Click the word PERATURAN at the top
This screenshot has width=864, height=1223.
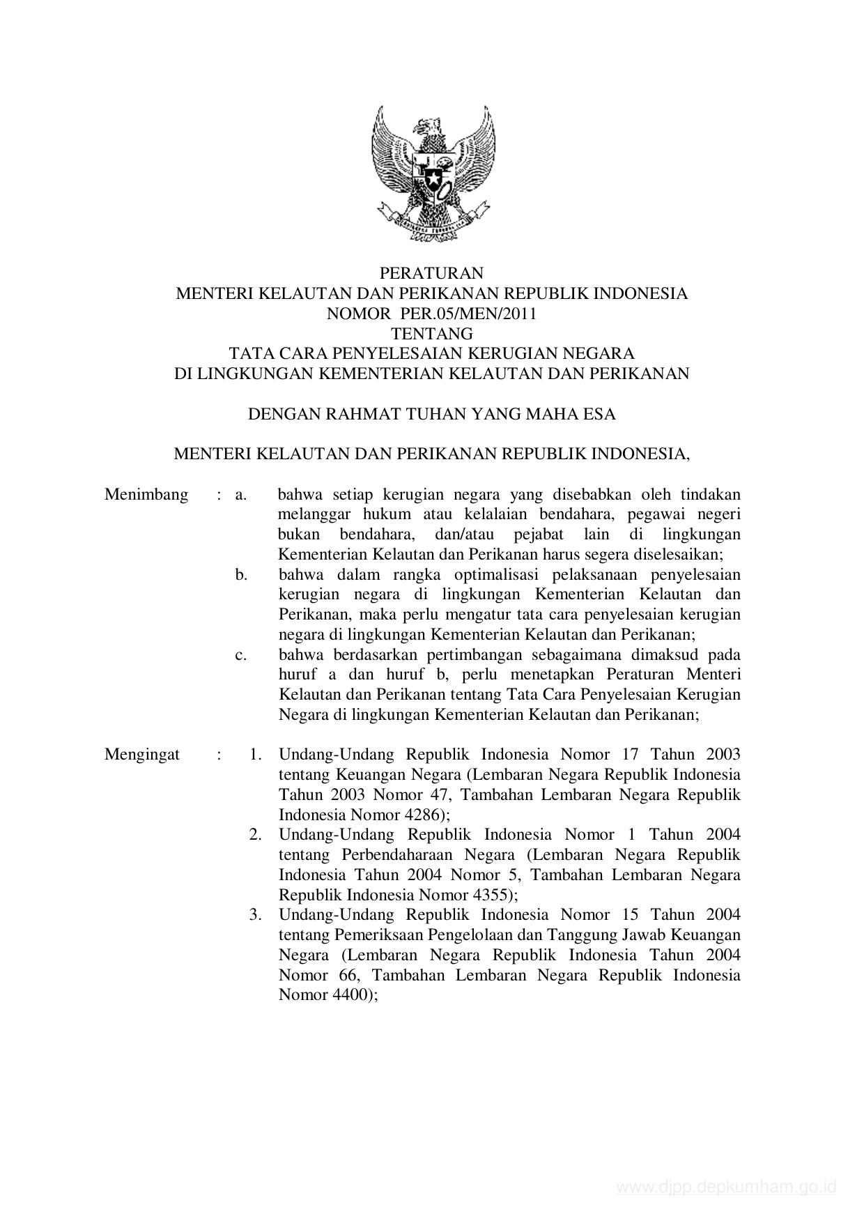click(431, 273)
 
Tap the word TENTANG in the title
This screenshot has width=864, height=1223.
click(431, 334)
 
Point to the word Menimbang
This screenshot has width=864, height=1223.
click(146, 495)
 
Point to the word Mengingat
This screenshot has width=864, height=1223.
click(142, 754)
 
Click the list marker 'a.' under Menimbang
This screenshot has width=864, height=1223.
click(242, 495)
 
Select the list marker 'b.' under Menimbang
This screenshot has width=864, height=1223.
click(242, 575)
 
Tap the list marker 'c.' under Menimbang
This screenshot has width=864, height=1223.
click(242, 655)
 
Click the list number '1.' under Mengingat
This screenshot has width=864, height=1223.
click(256, 754)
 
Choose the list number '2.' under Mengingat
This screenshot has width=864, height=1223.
click(256, 834)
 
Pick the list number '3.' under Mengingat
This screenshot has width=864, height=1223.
click(256, 914)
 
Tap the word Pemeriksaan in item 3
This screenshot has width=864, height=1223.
click(380, 934)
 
